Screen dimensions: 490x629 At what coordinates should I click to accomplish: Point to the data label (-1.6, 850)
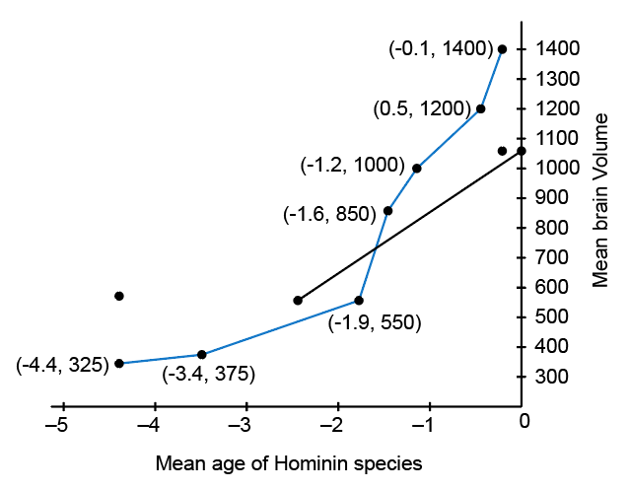point(329,213)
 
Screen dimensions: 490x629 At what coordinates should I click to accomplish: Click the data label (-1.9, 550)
point(375,322)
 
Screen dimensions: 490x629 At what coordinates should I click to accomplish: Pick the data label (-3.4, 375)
point(208,374)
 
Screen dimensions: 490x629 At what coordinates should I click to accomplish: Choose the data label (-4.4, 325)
point(61,364)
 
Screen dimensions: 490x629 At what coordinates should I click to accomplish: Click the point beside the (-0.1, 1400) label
point(502,49)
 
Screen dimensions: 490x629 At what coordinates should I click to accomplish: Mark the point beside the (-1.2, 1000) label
point(417,169)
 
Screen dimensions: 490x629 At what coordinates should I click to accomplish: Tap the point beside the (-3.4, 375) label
point(202,355)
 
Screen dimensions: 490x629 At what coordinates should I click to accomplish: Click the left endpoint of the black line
point(298,300)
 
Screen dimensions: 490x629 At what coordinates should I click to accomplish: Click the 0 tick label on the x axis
point(524,422)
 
